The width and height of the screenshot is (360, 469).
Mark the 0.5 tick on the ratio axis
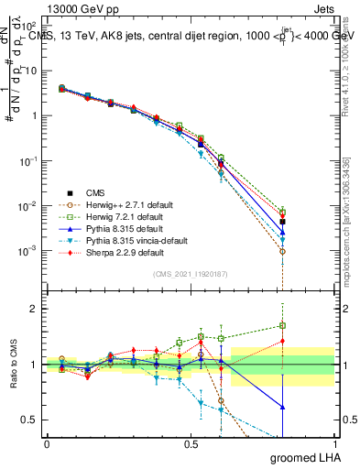(28, 420)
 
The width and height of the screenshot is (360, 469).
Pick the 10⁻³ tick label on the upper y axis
(27, 250)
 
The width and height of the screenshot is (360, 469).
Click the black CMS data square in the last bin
(283, 222)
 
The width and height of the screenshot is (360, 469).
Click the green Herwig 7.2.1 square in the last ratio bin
(283, 325)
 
